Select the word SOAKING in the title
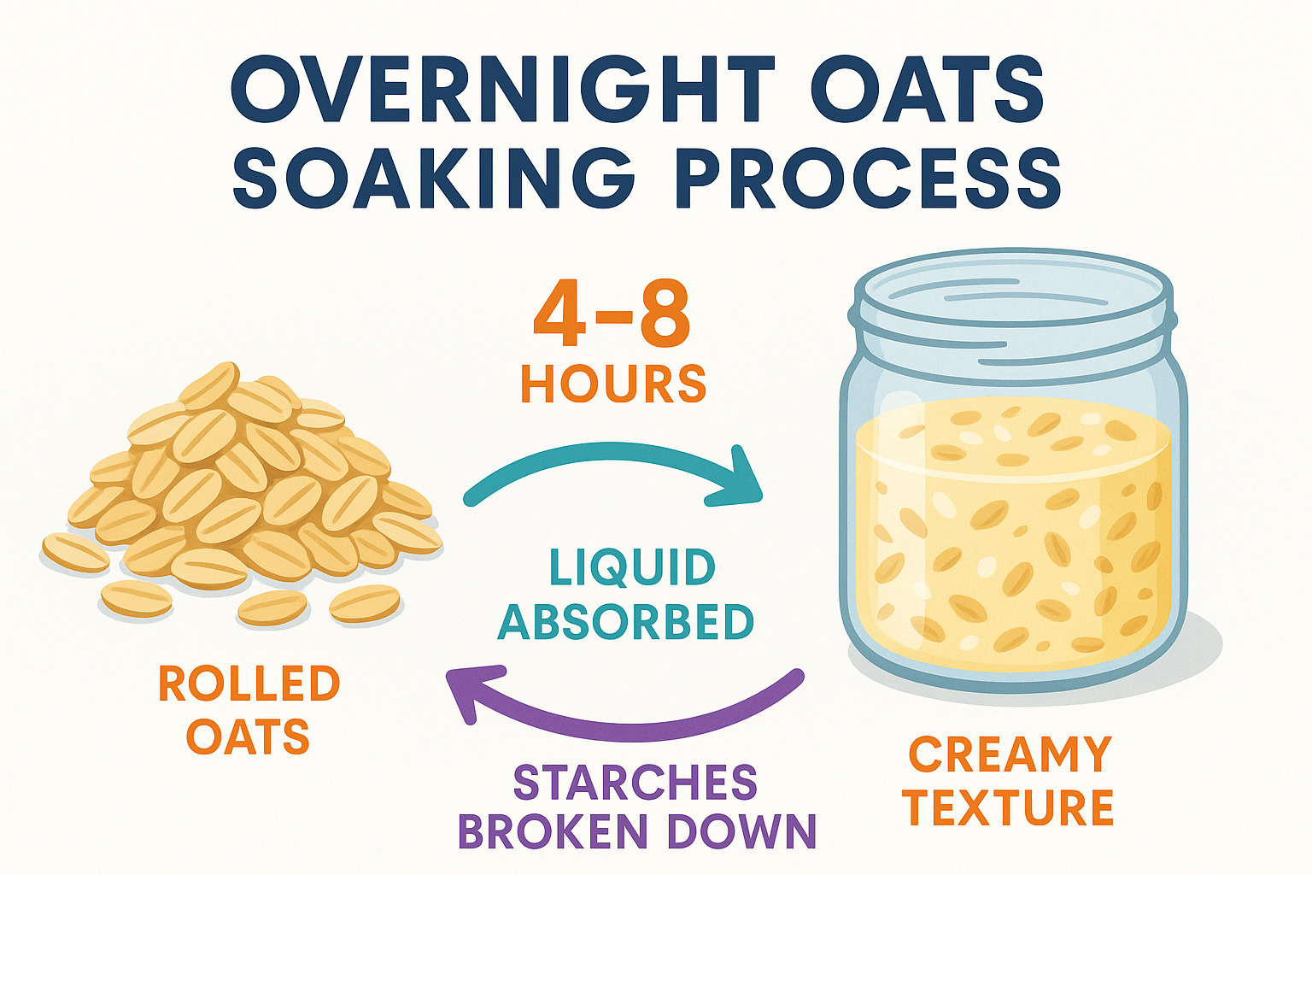click(433, 177)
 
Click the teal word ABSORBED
click(626, 622)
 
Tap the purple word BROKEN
click(553, 831)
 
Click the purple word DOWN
click(741, 831)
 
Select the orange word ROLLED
click(249, 684)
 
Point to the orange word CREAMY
click(1010, 754)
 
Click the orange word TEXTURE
click(1008, 807)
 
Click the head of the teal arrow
click(737, 480)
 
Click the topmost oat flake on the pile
click(209, 385)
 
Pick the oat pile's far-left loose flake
click(75, 553)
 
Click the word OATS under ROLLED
click(249, 737)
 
